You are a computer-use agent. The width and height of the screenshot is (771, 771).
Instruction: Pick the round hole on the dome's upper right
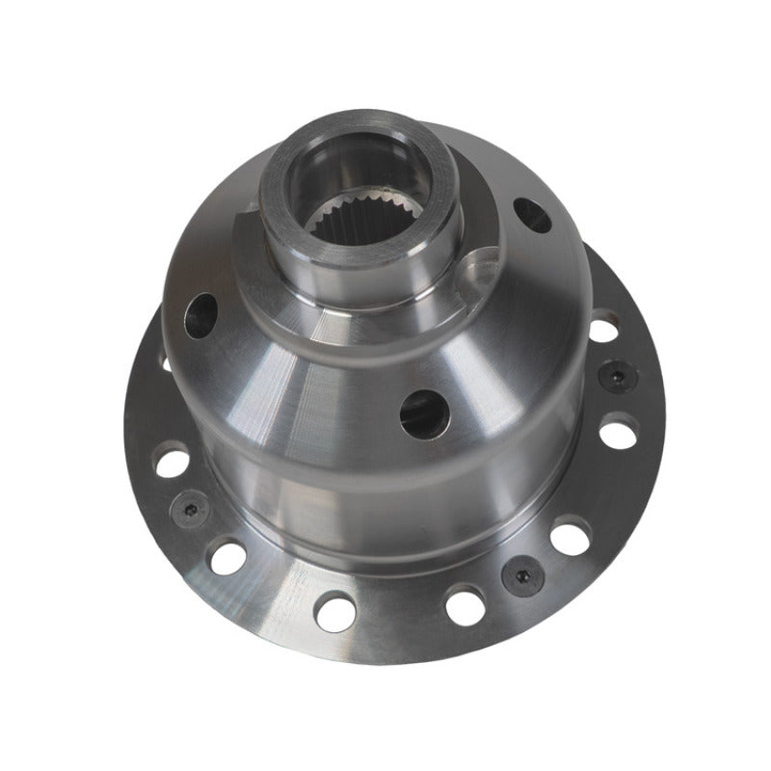[x=533, y=215]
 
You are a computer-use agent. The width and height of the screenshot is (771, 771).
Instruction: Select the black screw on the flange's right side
[x=614, y=376]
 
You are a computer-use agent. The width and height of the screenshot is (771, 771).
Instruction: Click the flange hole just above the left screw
[x=170, y=461]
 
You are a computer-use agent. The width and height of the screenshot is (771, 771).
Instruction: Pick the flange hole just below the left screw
[x=228, y=557]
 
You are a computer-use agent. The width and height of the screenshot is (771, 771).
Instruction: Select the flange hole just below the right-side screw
[x=617, y=431]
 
